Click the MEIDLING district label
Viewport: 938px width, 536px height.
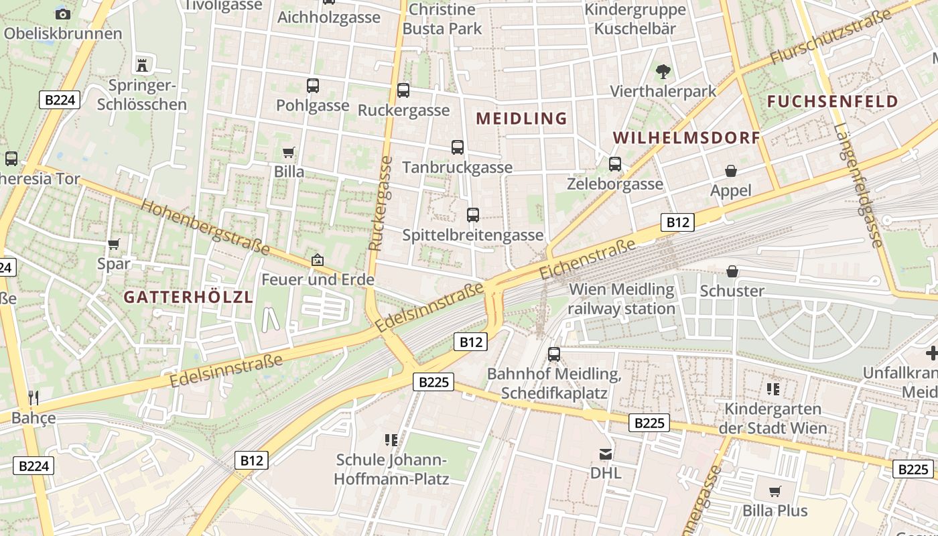click(x=521, y=119)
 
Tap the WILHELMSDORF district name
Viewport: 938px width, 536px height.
click(x=686, y=138)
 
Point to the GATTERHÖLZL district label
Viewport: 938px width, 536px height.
click(x=188, y=297)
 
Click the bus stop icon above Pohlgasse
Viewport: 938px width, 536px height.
click(x=313, y=86)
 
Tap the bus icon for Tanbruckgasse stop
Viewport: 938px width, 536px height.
click(x=458, y=147)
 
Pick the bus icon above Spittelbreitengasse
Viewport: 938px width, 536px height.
click(x=473, y=215)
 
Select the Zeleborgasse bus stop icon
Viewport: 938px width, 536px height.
click(x=615, y=164)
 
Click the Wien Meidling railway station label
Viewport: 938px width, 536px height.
click(x=621, y=299)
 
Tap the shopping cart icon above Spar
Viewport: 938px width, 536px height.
click(x=114, y=244)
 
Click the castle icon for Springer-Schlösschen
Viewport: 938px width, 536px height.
click(x=142, y=65)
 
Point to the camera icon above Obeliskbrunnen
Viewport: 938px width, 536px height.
click(x=62, y=13)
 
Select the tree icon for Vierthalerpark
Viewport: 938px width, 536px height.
click(x=663, y=71)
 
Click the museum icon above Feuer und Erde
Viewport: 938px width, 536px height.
click(x=318, y=259)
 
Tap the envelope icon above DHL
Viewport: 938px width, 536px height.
click(x=606, y=454)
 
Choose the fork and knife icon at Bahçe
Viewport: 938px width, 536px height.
click(x=33, y=398)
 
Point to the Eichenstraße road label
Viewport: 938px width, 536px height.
click(x=587, y=260)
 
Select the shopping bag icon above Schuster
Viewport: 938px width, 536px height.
click(x=732, y=271)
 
